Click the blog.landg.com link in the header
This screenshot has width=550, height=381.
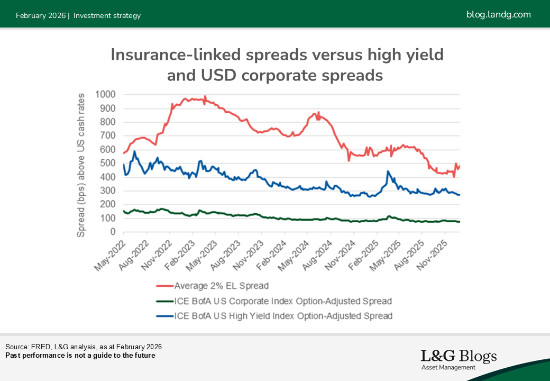click(498, 14)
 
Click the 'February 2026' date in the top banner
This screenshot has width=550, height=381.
click(40, 15)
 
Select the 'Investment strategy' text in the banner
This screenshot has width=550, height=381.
click(107, 15)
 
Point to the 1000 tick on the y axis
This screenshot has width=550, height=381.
click(106, 95)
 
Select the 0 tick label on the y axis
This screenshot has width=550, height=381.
click(113, 232)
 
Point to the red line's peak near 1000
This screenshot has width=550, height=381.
click(205, 97)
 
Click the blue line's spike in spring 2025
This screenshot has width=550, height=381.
click(388, 171)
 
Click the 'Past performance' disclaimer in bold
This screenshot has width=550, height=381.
click(80, 355)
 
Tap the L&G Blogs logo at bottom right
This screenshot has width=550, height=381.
click(459, 359)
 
